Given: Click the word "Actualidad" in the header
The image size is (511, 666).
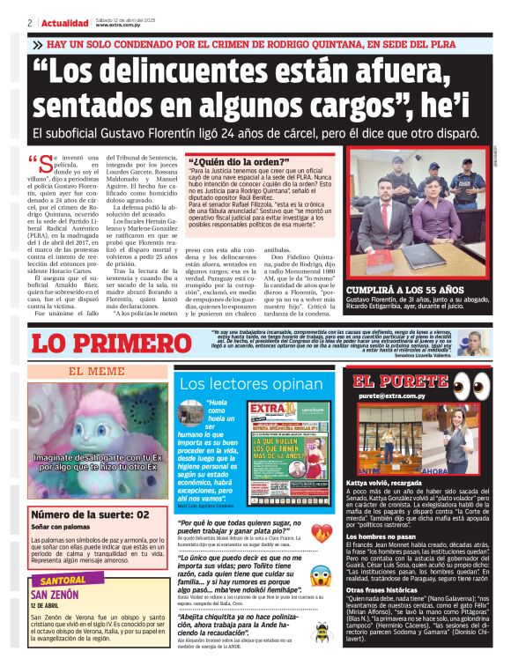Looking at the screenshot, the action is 64,23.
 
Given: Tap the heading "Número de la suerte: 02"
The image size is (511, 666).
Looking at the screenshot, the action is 91,514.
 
